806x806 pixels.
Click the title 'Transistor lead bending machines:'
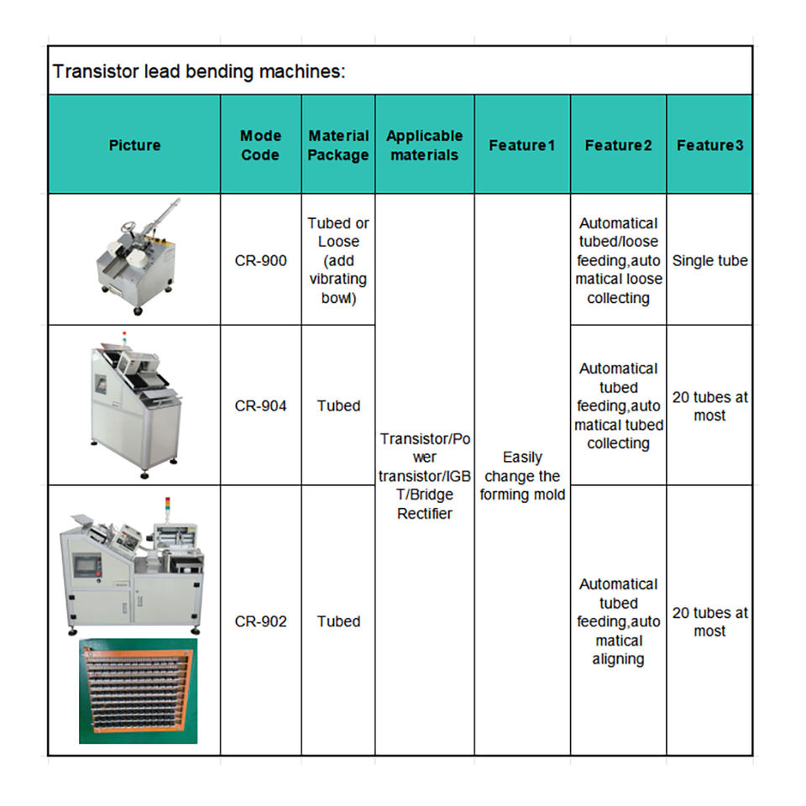click(x=199, y=71)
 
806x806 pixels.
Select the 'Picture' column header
click(x=134, y=145)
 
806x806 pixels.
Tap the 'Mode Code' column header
click(x=260, y=145)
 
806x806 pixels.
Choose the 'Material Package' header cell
click(x=338, y=145)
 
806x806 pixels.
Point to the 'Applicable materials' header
click(x=425, y=145)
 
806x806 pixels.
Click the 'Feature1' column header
click(x=522, y=145)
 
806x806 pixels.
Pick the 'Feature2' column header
click(x=619, y=145)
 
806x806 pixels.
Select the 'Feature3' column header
click(x=709, y=145)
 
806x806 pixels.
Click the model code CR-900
click(x=260, y=260)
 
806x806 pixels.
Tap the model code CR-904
click(x=260, y=406)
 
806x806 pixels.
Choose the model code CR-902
click(x=260, y=621)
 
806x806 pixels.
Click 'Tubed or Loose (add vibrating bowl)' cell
click(x=338, y=260)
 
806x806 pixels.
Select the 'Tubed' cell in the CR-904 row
click(x=338, y=406)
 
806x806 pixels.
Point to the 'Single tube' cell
click(x=709, y=260)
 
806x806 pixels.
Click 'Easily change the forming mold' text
click(x=522, y=476)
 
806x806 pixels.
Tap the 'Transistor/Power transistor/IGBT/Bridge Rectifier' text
click(x=425, y=476)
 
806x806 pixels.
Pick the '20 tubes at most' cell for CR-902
click(x=709, y=621)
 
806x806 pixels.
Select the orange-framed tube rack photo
click(x=139, y=691)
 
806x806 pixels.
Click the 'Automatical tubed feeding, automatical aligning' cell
click(x=619, y=621)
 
